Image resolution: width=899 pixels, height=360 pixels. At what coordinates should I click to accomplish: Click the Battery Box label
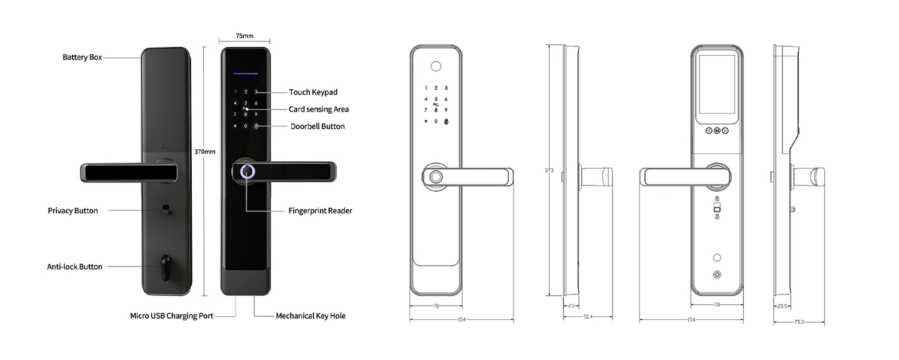pyautogui.click(x=82, y=58)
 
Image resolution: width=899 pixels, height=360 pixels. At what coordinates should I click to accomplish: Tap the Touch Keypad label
pyautogui.click(x=313, y=92)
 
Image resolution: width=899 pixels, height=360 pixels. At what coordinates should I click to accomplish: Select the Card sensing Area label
pyautogui.click(x=319, y=109)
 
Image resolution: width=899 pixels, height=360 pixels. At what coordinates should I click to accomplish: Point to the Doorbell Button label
pyautogui.click(x=318, y=126)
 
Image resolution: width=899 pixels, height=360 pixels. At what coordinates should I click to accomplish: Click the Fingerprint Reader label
pyautogui.click(x=320, y=211)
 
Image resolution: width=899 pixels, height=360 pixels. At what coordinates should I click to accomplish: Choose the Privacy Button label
pyautogui.click(x=73, y=211)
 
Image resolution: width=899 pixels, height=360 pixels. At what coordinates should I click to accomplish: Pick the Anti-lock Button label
pyautogui.click(x=75, y=267)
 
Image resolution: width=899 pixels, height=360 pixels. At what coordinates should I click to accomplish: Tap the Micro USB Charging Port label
pyautogui.click(x=171, y=316)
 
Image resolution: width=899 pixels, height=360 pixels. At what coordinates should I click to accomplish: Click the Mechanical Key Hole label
pyautogui.click(x=310, y=316)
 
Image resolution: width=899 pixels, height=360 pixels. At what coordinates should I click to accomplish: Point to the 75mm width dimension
pyautogui.click(x=245, y=36)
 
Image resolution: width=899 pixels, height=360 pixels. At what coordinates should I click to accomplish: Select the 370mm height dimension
pyautogui.click(x=205, y=152)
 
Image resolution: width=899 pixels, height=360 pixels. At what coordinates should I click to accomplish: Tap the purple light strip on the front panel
pyautogui.click(x=246, y=74)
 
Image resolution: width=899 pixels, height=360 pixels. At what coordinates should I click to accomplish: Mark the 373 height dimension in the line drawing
pyautogui.click(x=549, y=171)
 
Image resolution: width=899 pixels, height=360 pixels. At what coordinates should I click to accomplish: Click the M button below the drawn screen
pyautogui.click(x=717, y=131)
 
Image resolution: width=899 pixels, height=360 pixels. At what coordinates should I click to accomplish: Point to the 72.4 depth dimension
pyautogui.click(x=587, y=317)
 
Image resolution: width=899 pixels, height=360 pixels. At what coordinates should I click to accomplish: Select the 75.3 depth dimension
pyautogui.click(x=799, y=322)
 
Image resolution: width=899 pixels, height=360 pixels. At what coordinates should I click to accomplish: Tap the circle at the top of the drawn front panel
pyautogui.click(x=436, y=66)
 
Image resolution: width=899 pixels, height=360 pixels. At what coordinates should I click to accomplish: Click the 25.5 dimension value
pyautogui.click(x=782, y=306)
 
